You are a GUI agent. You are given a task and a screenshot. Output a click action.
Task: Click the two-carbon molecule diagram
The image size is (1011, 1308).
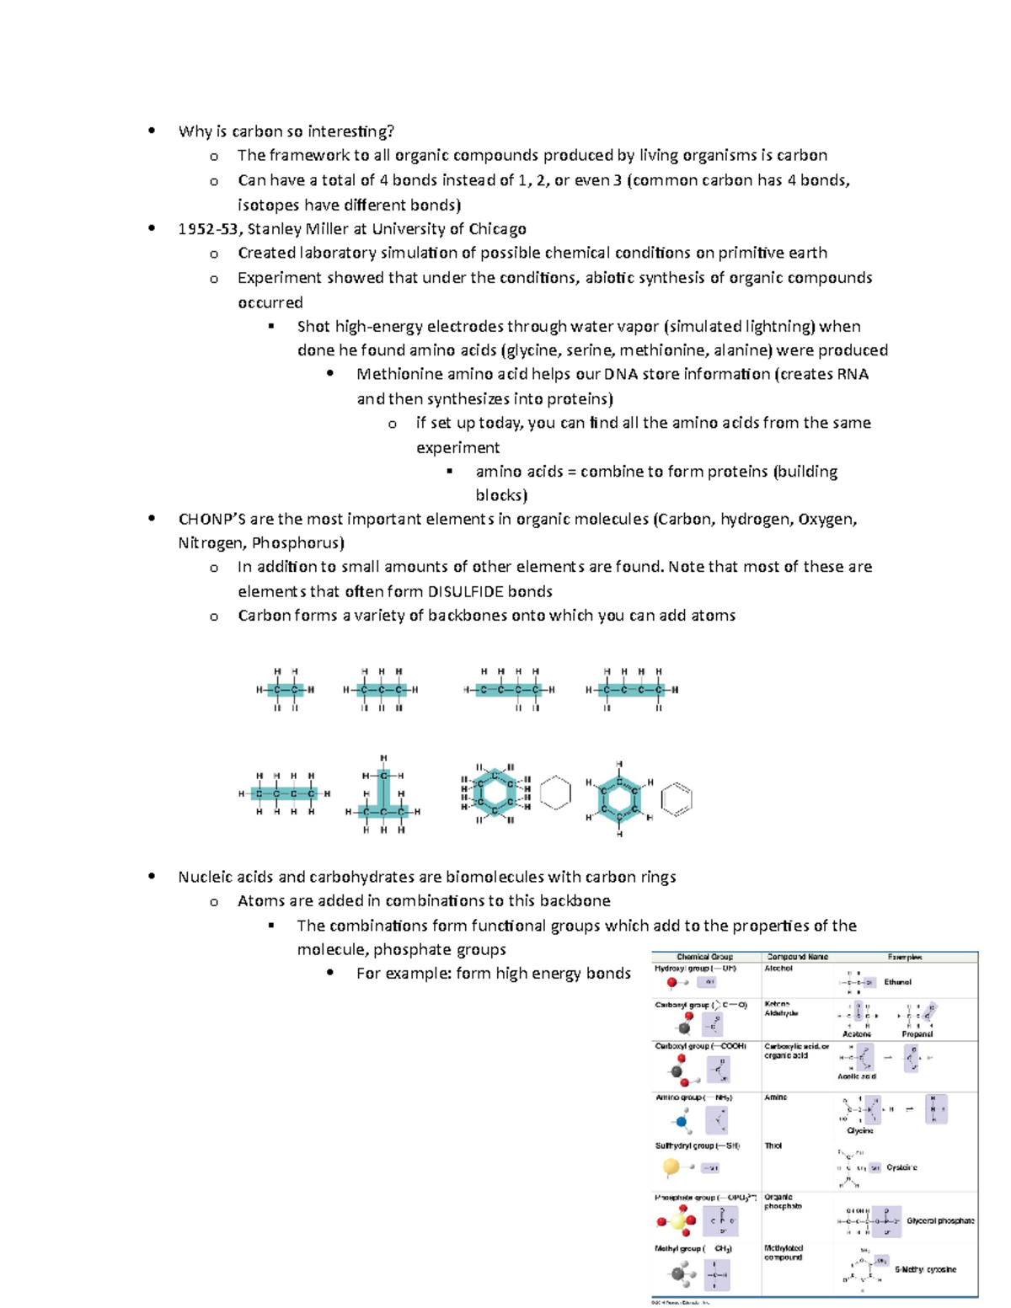286,690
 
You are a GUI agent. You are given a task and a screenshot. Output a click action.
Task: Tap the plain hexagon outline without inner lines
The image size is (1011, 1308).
555,793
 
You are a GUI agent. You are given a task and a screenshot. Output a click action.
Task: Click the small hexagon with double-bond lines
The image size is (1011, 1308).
677,799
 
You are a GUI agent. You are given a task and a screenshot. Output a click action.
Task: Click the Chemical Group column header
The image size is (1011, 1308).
704,957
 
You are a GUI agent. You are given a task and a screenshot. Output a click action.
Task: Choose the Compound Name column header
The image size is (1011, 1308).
797,957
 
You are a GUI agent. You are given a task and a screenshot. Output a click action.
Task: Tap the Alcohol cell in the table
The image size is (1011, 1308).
778,969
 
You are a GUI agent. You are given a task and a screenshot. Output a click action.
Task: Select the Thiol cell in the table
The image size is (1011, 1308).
773,1145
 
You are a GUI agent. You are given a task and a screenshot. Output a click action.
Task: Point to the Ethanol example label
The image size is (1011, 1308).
897,982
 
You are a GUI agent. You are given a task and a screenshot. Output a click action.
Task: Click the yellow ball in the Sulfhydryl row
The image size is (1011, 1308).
671,1167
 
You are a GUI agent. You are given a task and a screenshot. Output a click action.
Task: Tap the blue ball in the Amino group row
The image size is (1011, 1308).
682,1122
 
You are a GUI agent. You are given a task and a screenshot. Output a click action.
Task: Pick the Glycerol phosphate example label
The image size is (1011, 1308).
940,1220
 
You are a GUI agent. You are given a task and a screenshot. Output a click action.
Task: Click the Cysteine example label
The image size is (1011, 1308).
901,1167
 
